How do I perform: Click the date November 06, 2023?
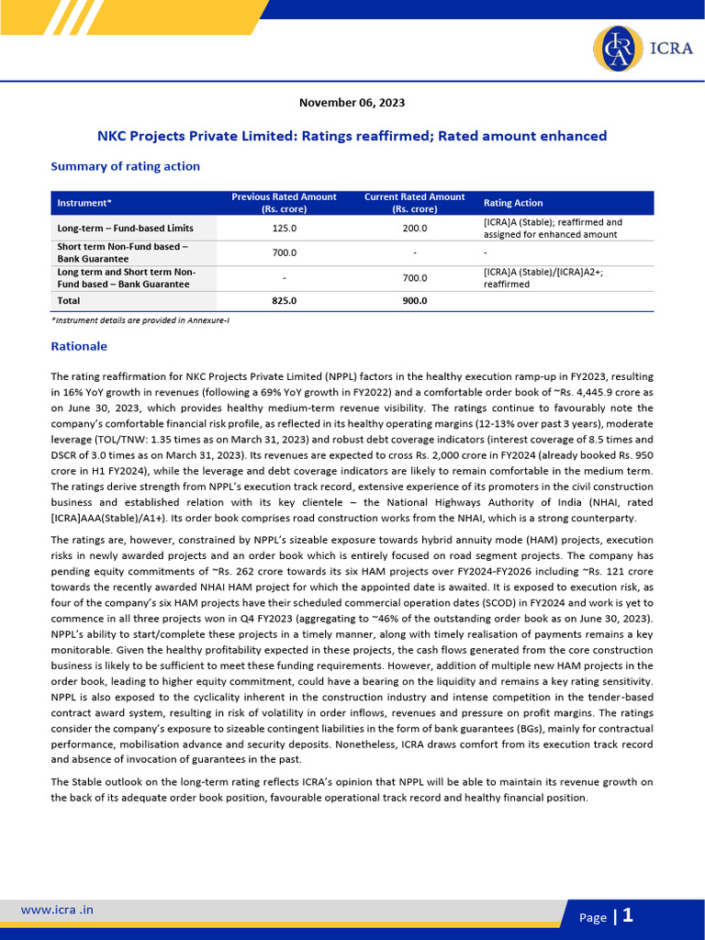[352, 103]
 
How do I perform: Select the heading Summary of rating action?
[125, 166]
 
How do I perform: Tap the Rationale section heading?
[79, 346]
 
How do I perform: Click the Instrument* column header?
[84, 203]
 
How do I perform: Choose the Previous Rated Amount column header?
[284, 203]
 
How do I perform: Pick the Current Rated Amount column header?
[415, 203]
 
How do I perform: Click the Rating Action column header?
[513, 203]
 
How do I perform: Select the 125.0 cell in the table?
[285, 228]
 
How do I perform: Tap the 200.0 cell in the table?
[415, 228]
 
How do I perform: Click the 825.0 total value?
[285, 300]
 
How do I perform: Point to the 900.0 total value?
[415, 300]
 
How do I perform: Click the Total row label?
[69, 300]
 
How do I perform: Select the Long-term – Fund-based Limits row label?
[125, 228]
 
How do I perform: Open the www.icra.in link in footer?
[57, 910]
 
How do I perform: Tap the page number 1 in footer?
[628, 915]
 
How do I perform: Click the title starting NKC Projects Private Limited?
[352, 136]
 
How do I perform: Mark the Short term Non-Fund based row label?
[122, 252]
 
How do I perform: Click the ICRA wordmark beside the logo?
[673, 49]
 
